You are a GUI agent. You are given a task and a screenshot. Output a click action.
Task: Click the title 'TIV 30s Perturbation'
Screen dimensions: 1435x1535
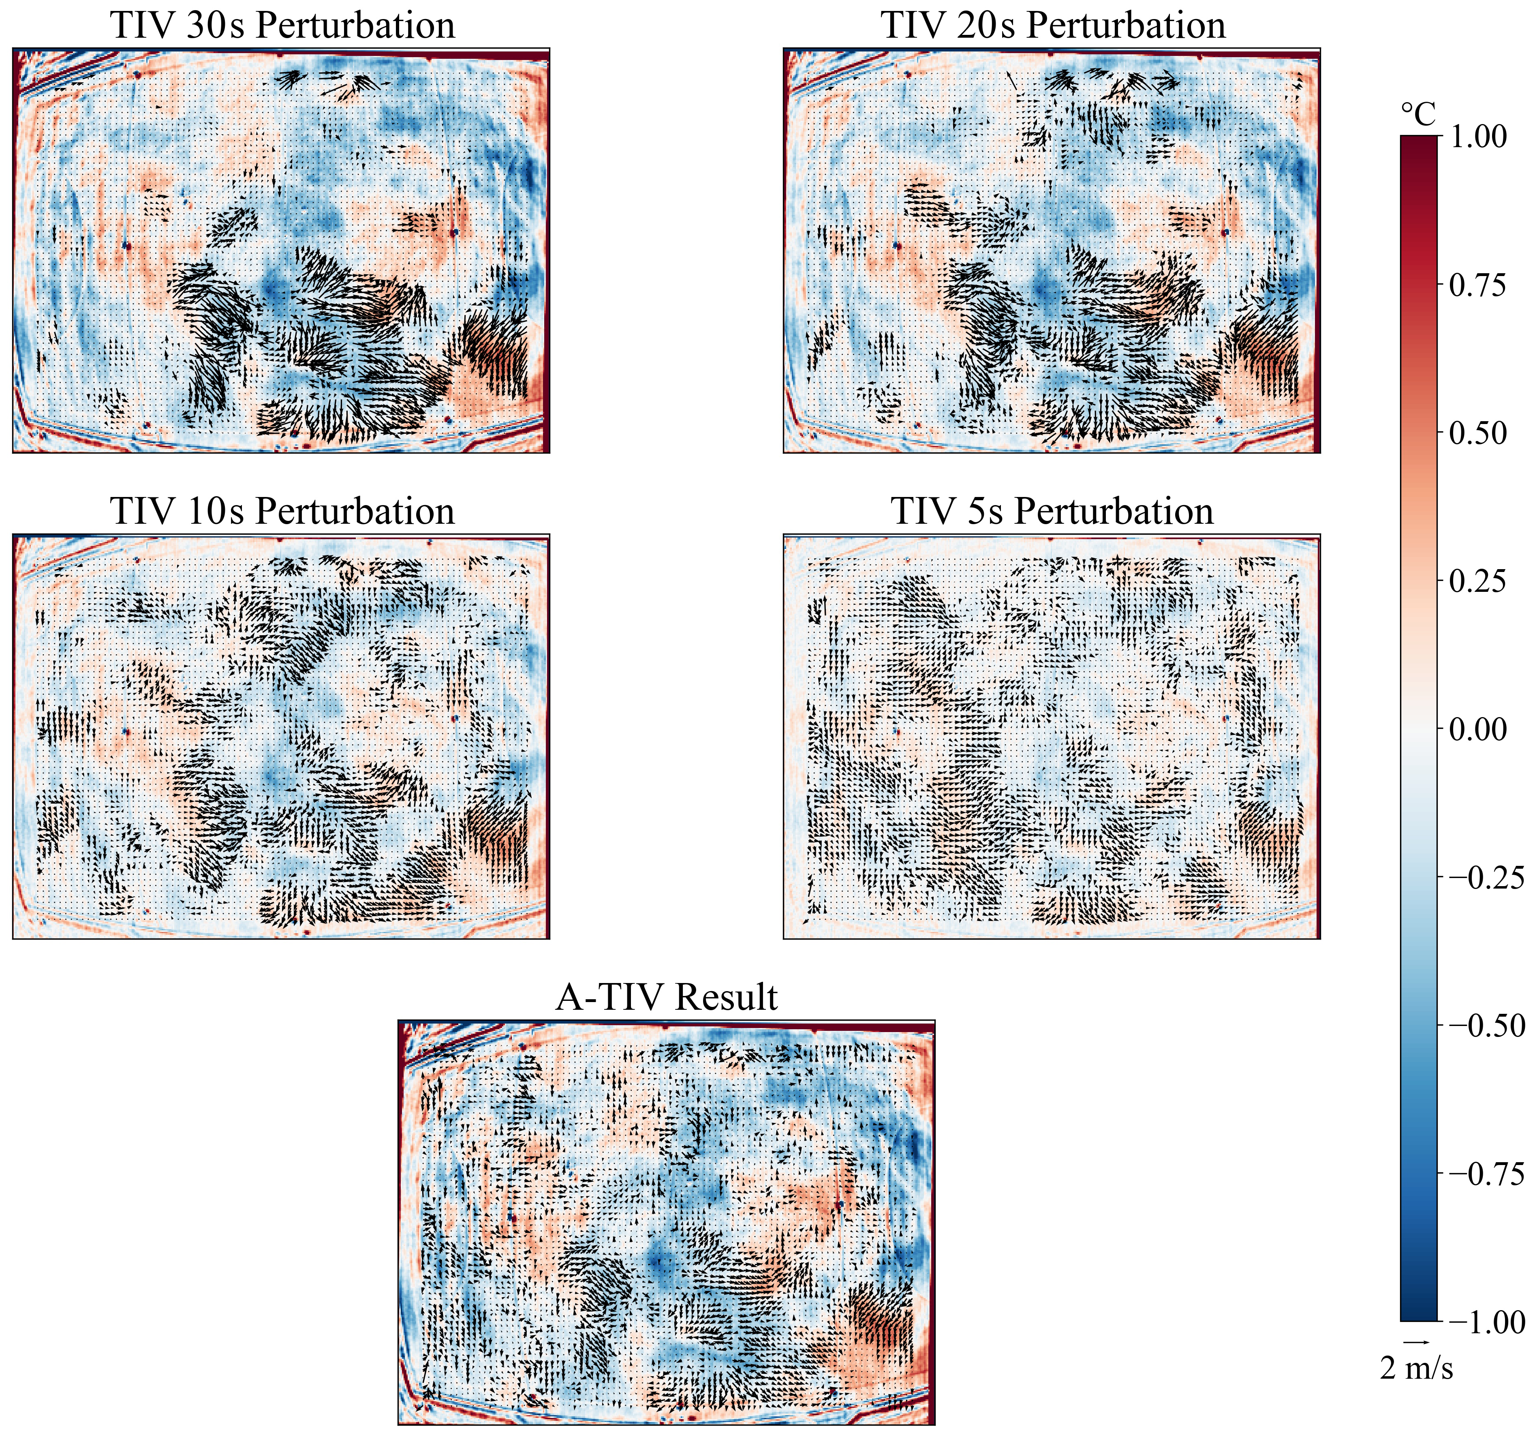coord(282,26)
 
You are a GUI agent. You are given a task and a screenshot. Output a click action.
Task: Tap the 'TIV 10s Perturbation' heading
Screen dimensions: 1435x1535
coord(282,511)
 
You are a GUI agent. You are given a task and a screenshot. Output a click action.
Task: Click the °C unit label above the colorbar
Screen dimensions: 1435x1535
coord(1418,116)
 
